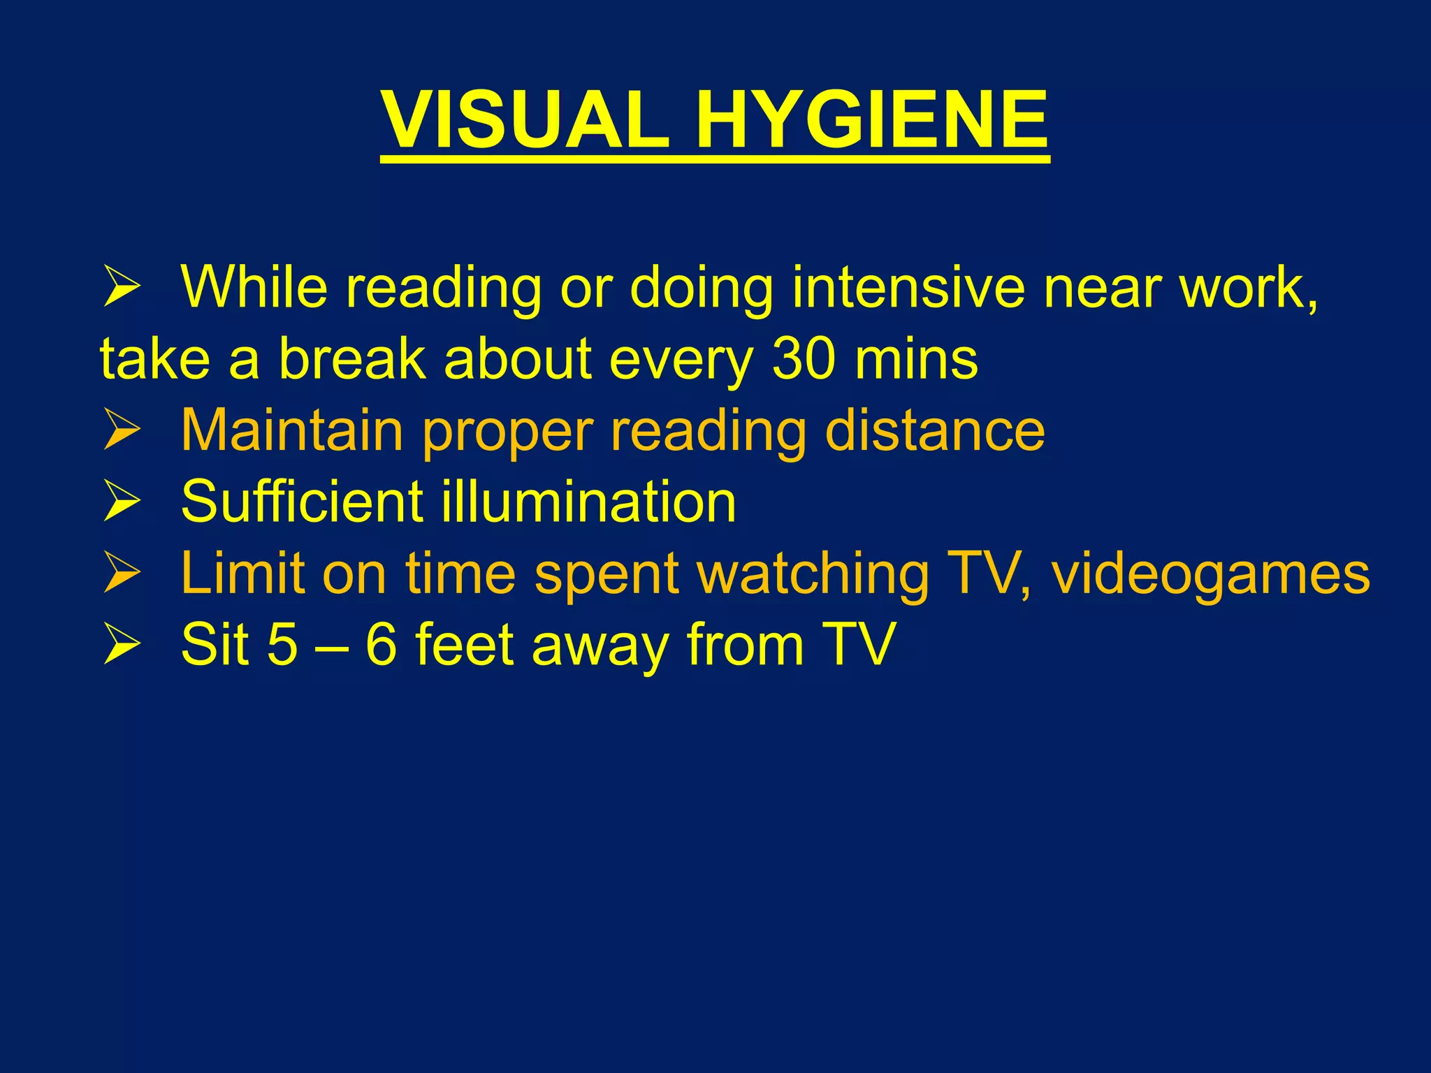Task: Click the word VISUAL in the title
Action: pos(525,120)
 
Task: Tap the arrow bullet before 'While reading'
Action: pos(122,286)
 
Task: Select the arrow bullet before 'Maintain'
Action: pos(122,430)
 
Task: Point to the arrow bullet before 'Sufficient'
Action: pos(122,502)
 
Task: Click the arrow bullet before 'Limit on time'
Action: pos(122,573)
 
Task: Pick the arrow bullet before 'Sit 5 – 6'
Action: pos(122,644)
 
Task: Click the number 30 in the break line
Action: pos(803,359)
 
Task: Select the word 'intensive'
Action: pos(908,286)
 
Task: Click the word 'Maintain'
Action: pos(292,430)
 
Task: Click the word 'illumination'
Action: pos(588,502)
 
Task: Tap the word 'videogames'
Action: pos(1210,574)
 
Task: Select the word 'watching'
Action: pos(814,574)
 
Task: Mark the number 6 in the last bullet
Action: pos(382,644)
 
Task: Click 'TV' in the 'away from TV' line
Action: pos(859,644)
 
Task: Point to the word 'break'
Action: pos(352,359)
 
